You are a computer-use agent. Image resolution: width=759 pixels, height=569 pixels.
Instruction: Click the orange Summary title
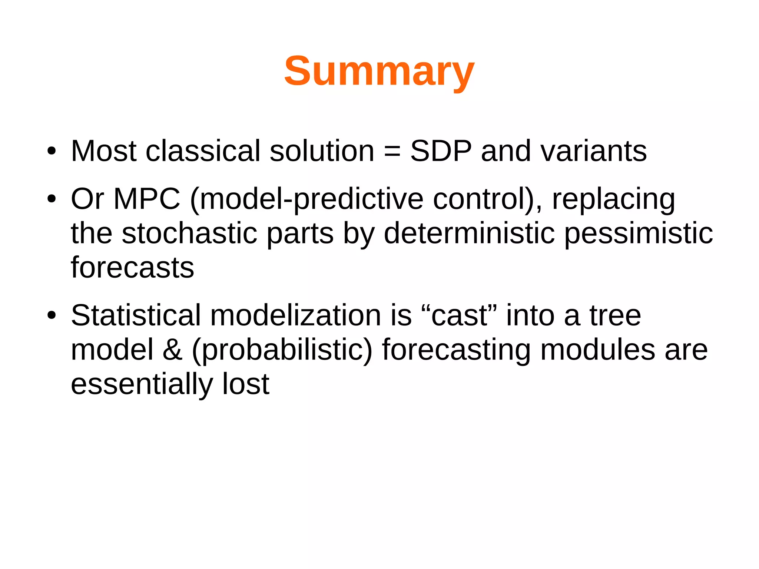pyautogui.click(x=379, y=71)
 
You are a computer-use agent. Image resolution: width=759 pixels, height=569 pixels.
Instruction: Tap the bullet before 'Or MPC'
pyautogui.click(x=52, y=199)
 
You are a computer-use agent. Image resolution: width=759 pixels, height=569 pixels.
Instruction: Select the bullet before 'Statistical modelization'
pyautogui.click(x=52, y=315)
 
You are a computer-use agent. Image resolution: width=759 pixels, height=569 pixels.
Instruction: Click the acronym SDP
pyautogui.click(x=441, y=151)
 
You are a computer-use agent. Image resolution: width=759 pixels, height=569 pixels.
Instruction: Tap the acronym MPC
pyautogui.click(x=147, y=199)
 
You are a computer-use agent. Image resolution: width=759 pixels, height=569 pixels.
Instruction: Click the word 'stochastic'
pyautogui.click(x=189, y=234)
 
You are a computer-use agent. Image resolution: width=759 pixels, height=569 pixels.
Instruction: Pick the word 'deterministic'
pyautogui.click(x=469, y=234)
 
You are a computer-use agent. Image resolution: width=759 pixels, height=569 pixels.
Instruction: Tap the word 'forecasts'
pyautogui.click(x=132, y=268)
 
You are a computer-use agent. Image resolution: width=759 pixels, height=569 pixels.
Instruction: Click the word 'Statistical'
pyautogui.click(x=136, y=315)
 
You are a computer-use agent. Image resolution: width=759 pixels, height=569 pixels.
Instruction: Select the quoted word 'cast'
pyautogui.click(x=459, y=315)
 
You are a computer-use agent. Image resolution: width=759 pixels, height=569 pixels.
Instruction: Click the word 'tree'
pyautogui.click(x=615, y=315)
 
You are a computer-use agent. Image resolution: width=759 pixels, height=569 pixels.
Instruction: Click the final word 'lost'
pyautogui.click(x=246, y=384)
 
